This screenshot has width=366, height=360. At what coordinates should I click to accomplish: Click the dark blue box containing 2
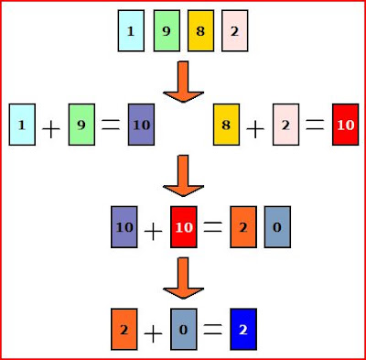(x=243, y=329)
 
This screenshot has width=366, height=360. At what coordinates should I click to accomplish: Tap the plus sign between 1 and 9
(x=51, y=129)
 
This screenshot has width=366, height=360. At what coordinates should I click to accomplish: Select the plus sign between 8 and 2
(x=255, y=129)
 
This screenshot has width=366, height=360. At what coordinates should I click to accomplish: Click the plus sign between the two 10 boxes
(x=153, y=232)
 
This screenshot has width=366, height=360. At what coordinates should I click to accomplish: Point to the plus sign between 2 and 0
(x=153, y=333)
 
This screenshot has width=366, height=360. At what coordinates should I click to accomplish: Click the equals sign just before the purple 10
(x=111, y=125)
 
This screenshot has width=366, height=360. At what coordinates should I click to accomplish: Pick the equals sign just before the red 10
(x=315, y=125)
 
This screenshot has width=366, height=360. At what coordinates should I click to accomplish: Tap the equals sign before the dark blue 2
(x=213, y=329)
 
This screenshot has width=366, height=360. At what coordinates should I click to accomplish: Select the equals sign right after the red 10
(x=213, y=227)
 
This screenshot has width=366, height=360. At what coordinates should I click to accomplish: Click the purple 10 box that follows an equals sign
(x=141, y=125)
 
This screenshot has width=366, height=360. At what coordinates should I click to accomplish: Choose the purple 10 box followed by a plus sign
(x=124, y=227)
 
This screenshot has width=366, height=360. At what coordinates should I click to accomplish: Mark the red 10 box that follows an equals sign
(x=346, y=125)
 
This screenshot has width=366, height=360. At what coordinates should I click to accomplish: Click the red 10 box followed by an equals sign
(x=184, y=227)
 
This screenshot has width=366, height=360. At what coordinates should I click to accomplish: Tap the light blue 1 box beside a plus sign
(x=22, y=125)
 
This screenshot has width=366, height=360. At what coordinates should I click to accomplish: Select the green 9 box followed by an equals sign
(x=81, y=125)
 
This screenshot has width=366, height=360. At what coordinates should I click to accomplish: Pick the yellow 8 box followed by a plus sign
(x=226, y=125)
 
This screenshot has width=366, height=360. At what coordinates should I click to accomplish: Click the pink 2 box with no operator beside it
(x=235, y=30)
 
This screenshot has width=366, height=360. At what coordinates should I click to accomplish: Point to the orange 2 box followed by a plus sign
(x=124, y=329)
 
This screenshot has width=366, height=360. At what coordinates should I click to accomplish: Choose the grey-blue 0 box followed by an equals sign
(x=184, y=329)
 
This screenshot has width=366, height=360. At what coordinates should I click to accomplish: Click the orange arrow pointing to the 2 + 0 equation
(x=183, y=278)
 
